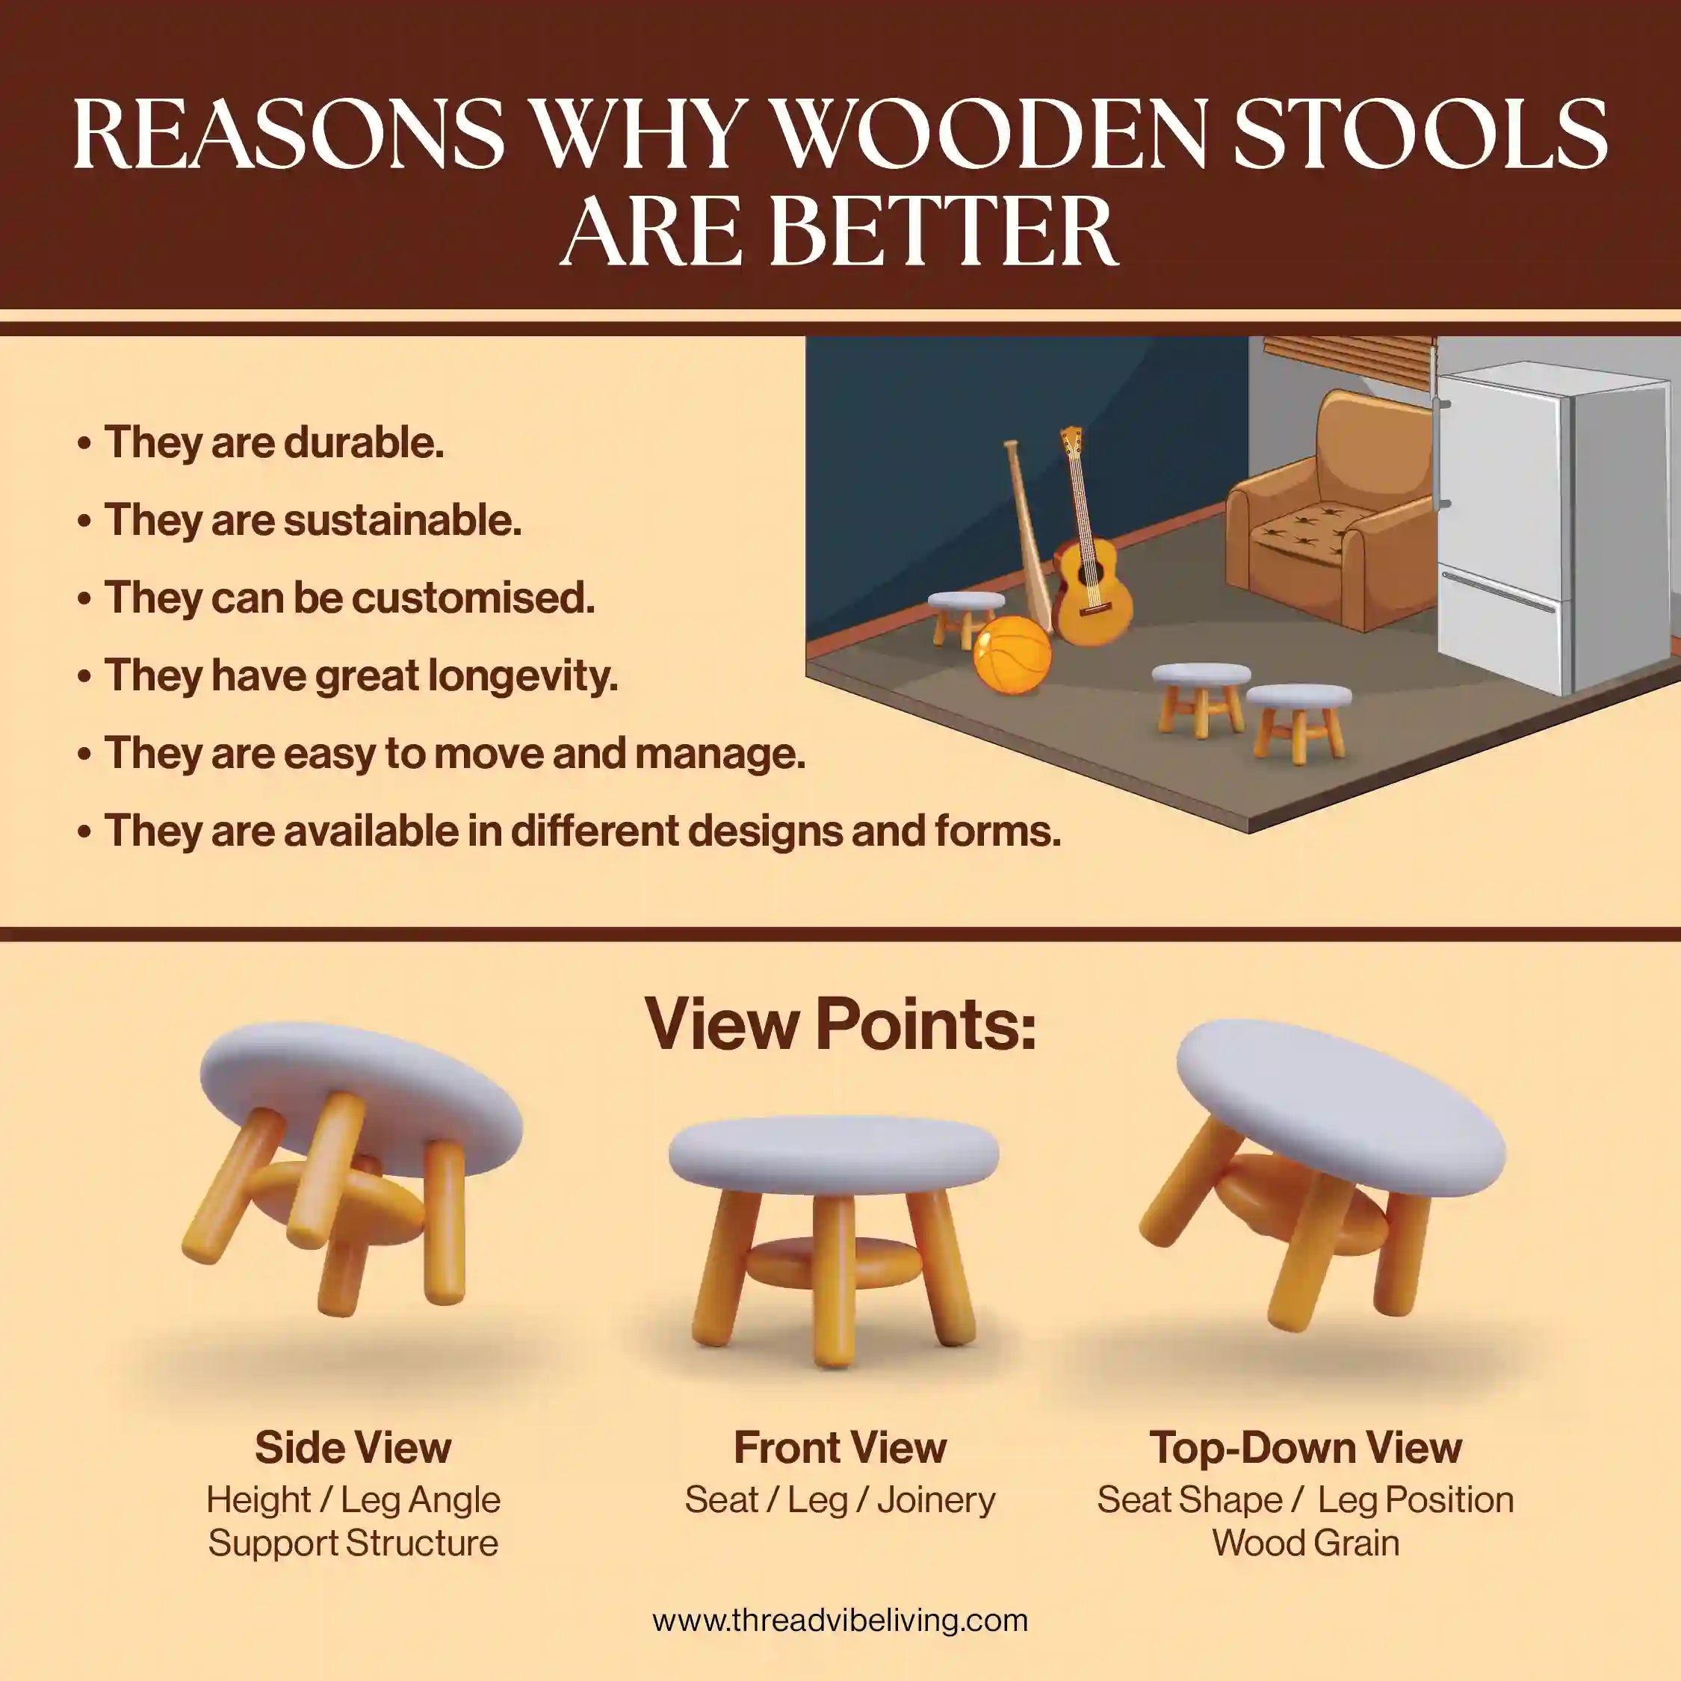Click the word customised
(474, 598)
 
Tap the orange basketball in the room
(1012, 654)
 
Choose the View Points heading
(840, 1024)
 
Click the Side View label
(353, 1448)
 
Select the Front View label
(840, 1448)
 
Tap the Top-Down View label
(1305, 1448)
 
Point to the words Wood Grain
(1305, 1543)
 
